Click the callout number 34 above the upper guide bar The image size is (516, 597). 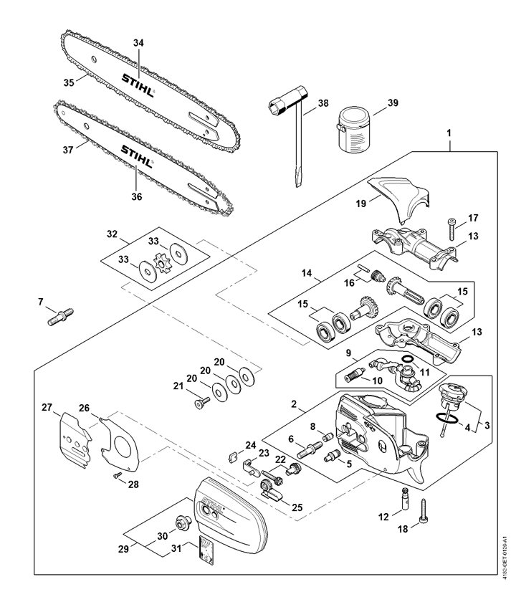(138, 43)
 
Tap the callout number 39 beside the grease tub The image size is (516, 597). (393, 102)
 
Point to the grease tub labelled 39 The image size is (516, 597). (354, 129)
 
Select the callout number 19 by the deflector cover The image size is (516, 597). (361, 204)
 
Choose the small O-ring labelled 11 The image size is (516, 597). (408, 359)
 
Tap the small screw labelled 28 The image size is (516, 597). (118, 474)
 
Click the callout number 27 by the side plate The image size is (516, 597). (47, 407)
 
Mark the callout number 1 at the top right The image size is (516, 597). (449, 133)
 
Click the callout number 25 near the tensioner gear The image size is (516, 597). (297, 507)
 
